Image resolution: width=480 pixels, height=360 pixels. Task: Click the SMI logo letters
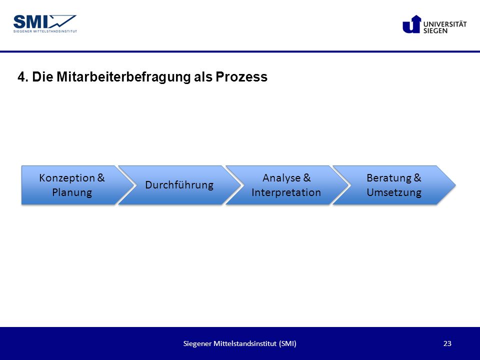click(x=31, y=22)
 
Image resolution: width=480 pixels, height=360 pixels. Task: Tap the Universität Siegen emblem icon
click(x=411, y=24)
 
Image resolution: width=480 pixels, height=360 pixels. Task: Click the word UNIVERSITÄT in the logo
click(x=445, y=24)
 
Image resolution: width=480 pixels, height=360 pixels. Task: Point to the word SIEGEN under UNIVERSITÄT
click(x=435, y=30)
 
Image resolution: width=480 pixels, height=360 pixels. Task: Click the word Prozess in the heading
click(x=241, y=77)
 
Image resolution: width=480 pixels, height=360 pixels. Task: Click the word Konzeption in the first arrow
click(x=67, y=178)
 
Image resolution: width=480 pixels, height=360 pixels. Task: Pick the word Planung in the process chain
click(x=72, y=192)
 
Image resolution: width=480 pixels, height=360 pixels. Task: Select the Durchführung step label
click(x=179, y=185)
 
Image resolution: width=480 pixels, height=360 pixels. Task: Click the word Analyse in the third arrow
click(x=281, y=178)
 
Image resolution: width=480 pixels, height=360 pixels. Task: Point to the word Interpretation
click(x=286, y=192)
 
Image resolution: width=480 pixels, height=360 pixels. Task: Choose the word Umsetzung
click(x=394, y=192)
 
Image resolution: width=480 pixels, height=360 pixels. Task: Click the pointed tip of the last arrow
click(x=455, y=185)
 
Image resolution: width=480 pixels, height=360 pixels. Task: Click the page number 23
click(x=447, y=343)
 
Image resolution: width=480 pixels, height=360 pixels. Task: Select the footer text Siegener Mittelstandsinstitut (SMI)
click(x=239, y=343)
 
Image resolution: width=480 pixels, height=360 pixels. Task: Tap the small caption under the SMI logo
click(x=45, y=31)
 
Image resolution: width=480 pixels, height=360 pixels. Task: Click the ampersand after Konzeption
click(x=101, y=178)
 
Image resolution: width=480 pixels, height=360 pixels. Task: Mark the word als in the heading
click(x=203, y=77)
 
